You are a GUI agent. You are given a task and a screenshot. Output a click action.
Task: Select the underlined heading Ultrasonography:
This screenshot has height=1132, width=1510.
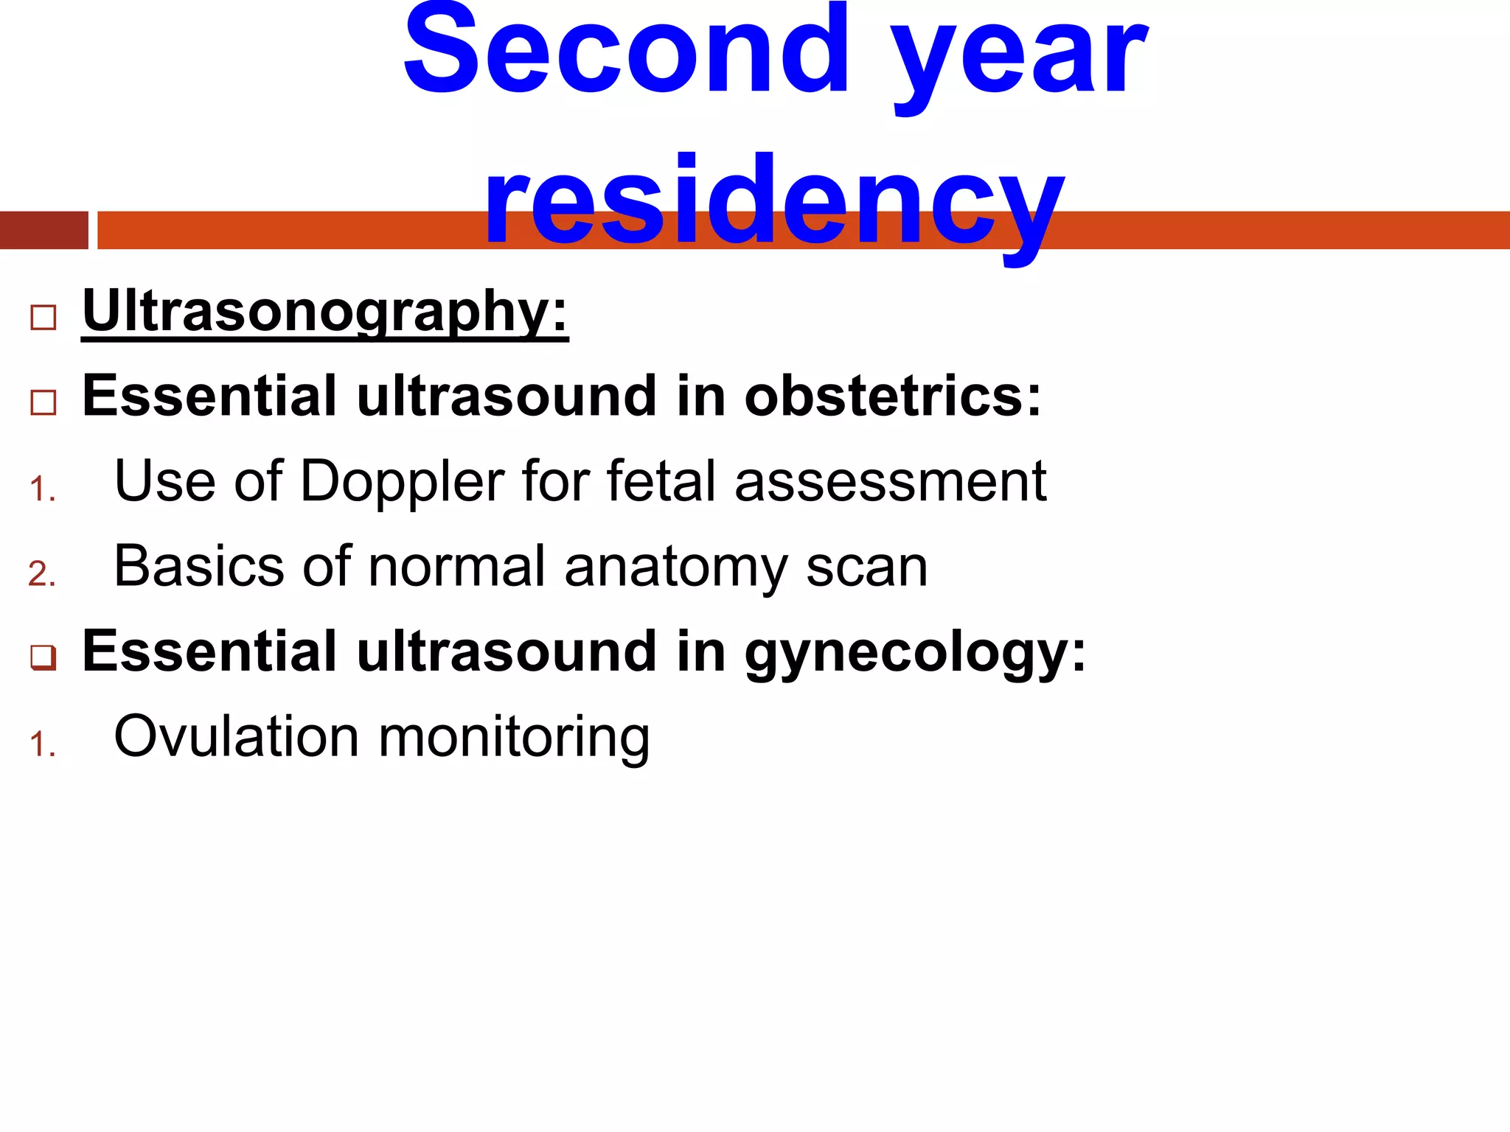tap(325, 312)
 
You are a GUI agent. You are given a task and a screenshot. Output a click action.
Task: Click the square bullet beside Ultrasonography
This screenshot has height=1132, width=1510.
tap(44, 318)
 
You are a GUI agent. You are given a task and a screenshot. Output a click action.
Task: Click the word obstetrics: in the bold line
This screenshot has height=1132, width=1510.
tap(892, 396)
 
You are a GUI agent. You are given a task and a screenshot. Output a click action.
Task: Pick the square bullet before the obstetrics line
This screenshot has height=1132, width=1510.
tap(44, 403)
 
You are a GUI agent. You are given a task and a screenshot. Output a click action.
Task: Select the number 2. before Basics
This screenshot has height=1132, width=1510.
tap(43, 574)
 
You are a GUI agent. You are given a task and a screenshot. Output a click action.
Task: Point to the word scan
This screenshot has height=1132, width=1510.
tap(866, 567)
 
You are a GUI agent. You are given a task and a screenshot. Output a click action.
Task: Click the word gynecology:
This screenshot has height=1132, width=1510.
tap(915, 653)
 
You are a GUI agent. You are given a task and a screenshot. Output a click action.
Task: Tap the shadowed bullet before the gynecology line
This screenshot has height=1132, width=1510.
tap(44, 657)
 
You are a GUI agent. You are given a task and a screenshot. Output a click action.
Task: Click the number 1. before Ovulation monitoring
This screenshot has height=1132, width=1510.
tap(43, 744)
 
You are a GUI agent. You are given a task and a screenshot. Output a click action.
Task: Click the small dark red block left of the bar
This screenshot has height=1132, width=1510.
tap(44, 230)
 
